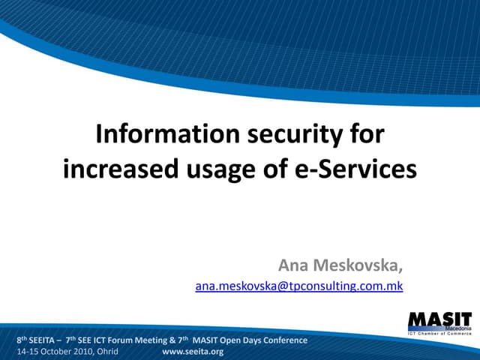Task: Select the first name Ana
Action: [294, 265]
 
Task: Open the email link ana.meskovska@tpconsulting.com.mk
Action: [298, 286]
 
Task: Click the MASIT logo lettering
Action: [439, 319]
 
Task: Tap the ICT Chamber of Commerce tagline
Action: [439, 334]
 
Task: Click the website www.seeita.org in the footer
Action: [193, 351]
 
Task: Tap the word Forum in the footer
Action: [135, 340]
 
